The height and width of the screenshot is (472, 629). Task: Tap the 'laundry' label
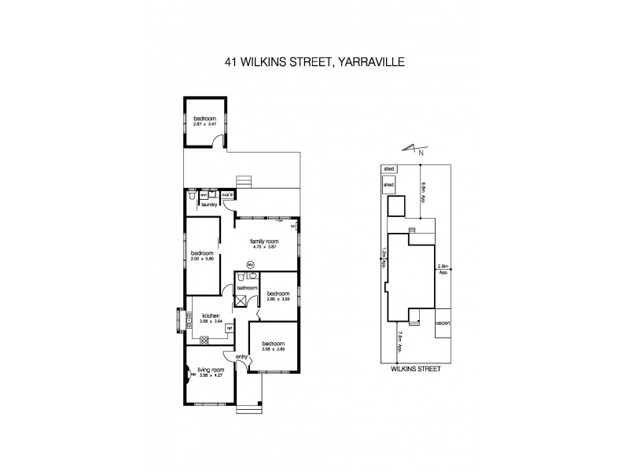pyautogui.click(x=209, y=205)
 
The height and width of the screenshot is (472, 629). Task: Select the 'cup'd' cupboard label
pyautogui.click(x=227, y=194)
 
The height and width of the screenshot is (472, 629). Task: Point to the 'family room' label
pyautogui.click(x=262, y=240)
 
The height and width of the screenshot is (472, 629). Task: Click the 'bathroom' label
pyautogui.click(x=248, y=288)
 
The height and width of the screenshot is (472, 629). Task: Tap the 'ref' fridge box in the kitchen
pyautogui.click(x=230, y=328)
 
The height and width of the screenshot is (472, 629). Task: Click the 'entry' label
pyautogui.click(x=241, y=358)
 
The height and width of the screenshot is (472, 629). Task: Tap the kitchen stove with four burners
pyautogui.click(x=204, y=340)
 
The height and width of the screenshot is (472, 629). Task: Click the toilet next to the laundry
pyautogui.click(x=192, y=199)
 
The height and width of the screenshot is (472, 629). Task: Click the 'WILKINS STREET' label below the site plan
pyautogui.click(x=415, y=367)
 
